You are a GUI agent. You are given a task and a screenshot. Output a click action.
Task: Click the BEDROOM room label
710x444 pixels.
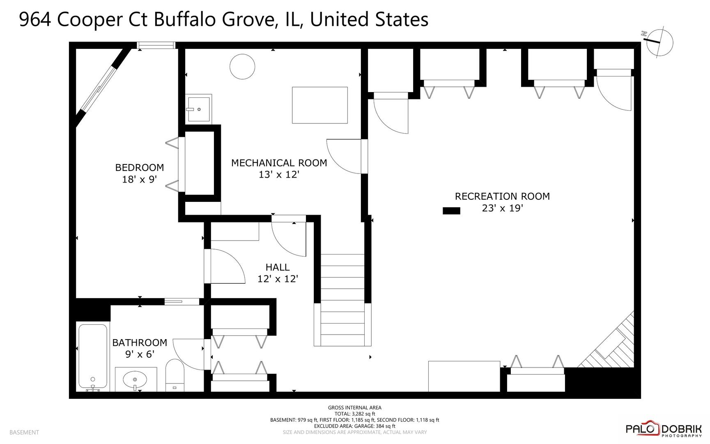click(139, 168)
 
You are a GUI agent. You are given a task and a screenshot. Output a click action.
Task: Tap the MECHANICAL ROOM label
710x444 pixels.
click(279, 163)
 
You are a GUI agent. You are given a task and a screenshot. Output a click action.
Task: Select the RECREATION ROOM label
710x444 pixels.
click(502, 197)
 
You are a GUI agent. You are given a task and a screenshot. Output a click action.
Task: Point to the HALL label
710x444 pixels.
click(278, 267)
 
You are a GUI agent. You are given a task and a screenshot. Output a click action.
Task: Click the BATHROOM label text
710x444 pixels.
click(140, 343)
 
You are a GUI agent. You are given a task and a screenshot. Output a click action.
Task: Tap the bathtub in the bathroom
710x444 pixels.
click(93, 356)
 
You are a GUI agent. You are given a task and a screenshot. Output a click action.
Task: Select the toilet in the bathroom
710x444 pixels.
click(175, 375)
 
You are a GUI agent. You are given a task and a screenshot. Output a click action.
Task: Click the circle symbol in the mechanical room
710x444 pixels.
click(242, 66)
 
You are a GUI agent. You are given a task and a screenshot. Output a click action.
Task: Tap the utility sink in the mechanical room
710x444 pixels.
click(199, 109)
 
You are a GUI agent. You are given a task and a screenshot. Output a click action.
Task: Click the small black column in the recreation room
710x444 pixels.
click(451, 211)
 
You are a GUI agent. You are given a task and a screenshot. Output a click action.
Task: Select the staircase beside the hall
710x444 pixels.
click(342, 300)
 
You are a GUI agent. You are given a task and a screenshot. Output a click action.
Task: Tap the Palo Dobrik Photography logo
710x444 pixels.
click(663, 429)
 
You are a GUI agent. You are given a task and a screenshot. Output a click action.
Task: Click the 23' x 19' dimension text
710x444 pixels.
click(502, 208)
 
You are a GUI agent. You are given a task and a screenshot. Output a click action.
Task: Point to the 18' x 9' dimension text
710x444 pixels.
click(139, 180)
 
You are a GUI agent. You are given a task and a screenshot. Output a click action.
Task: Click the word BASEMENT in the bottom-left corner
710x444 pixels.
click(24, 432)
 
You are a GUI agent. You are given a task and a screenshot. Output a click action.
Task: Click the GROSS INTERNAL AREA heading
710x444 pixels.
click(354, 408)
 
